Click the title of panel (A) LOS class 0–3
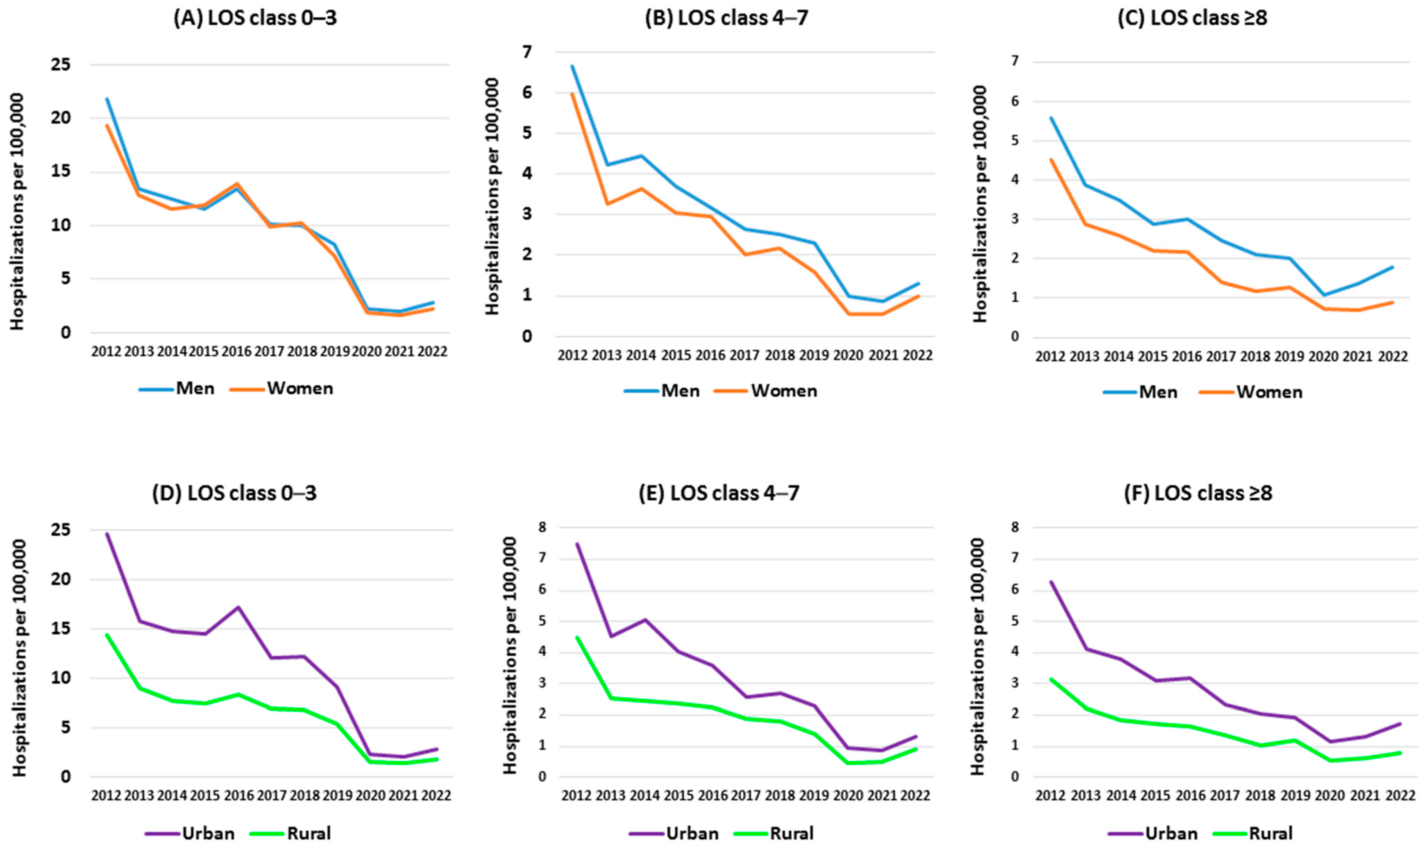coord(255,18)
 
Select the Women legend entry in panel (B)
coord(766,391)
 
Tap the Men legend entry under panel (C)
coord(1141,392)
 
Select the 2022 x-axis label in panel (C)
coord(1392,356)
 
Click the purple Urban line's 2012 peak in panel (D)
coord(107,534)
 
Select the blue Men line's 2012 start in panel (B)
coord(572,66)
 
